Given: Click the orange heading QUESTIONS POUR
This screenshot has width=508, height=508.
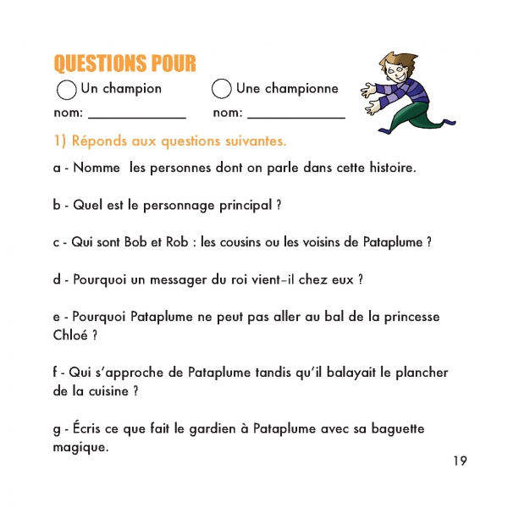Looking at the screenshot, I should tap(124, 63).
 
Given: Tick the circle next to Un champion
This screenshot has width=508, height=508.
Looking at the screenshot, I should tap(65, 89).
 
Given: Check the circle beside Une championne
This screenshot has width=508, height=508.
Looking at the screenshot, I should tap(222, 89).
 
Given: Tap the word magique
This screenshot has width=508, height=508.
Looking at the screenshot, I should tap(80, 447).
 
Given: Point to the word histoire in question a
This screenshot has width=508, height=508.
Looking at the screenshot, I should tap(389, 167).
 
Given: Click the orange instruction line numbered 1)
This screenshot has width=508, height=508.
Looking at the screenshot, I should tap(170, 140).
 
